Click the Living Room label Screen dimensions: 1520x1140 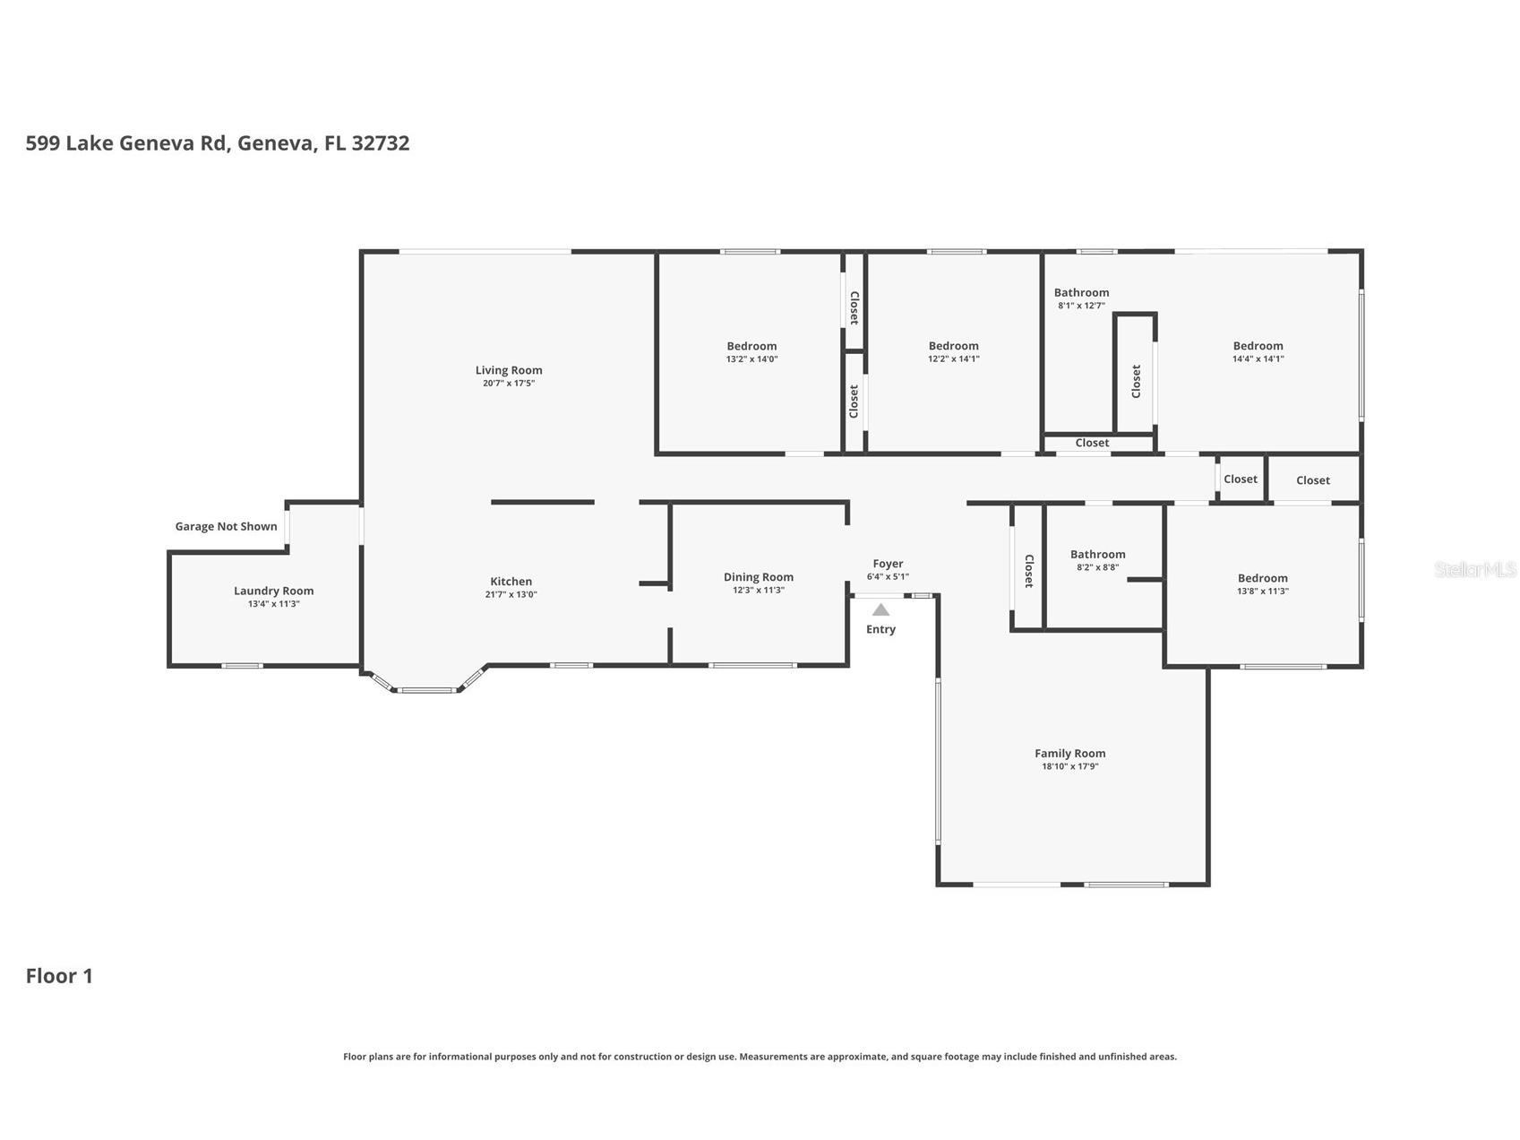[x=509, y=370]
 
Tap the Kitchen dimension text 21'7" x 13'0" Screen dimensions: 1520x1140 [x=511, y=594]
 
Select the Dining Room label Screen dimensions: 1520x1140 [x=759, y=577]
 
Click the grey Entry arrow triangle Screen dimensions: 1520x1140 [x=881, y=609]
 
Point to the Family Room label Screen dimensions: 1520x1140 [x=1070, y=754]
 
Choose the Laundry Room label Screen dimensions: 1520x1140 [x=274, y=591]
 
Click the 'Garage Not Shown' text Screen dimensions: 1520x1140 [x=227, y=526]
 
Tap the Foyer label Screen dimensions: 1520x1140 [x=889, y=564]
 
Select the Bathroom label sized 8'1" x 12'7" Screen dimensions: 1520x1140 [x=1082, y=292]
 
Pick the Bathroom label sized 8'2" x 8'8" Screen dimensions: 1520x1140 [x=1098, y=554]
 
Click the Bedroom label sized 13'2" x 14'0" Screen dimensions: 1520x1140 [x=752, y=346]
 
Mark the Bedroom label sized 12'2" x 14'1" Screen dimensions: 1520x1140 [x=954, y=346]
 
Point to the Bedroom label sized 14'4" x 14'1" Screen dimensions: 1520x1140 [x=1258, y=346]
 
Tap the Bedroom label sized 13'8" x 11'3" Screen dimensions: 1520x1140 [x=1263, y=578]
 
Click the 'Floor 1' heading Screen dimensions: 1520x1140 [x=59, y=976]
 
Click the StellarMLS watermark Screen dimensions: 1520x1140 [x=1475, y=569]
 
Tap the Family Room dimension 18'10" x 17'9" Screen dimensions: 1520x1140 [x=1070, y=766]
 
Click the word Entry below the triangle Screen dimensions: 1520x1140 [x=881, y=629]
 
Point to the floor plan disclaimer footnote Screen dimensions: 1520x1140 [x=760, y=1057]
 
